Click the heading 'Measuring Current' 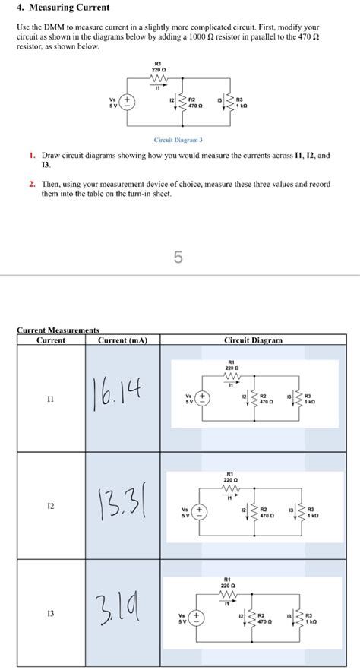pos(62,8)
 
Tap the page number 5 pos(178,258)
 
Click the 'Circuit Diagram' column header pos(254,340)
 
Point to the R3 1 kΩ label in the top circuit pos(242,103)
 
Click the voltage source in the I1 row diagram pos(201,400)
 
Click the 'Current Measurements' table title pos(58,330)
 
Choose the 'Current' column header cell pos(52,340)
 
